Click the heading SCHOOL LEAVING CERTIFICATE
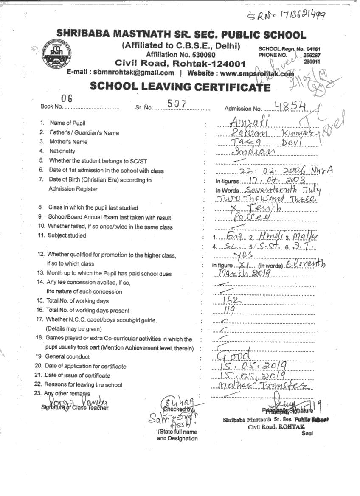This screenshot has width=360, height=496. (x=180, y=87)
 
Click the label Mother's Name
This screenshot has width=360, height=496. (x=68, y=142)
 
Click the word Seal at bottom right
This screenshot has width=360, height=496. (x=307, y=433)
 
